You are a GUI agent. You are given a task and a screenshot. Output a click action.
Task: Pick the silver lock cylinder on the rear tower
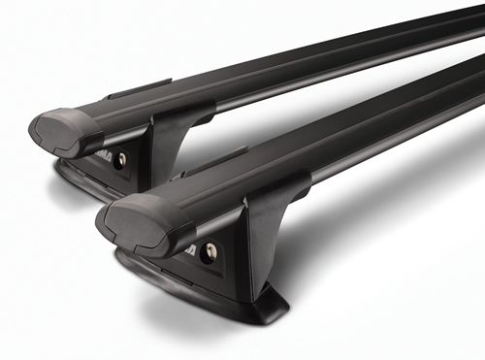click(x=120, y=160)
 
